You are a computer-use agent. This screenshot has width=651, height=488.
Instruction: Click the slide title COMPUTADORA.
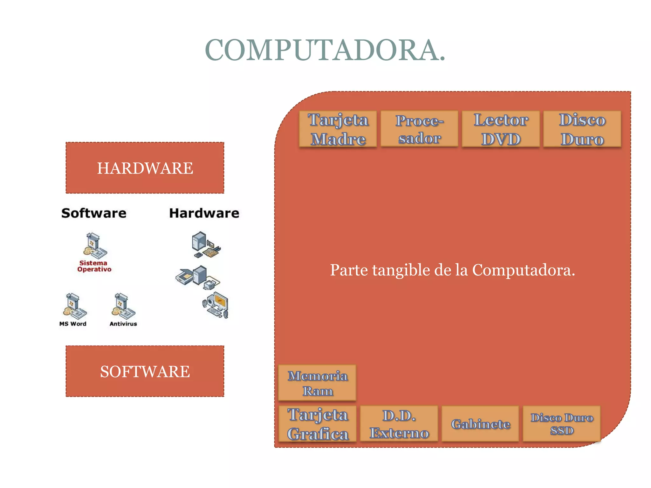325,50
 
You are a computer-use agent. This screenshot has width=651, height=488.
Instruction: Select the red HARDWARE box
145,168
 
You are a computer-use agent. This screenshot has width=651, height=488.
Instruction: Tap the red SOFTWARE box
145,371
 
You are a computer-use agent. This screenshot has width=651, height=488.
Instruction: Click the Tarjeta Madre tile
338,129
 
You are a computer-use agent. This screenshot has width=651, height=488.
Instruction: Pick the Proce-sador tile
419,129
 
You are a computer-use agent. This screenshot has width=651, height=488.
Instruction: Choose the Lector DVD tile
501,129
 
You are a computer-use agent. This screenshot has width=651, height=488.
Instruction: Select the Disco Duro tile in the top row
582,129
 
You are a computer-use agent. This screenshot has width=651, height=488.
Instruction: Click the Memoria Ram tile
317,383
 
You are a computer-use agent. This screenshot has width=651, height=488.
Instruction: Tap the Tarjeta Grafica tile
318,424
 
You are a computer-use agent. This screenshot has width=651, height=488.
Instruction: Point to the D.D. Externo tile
399,424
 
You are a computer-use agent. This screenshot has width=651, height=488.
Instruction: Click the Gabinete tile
480,424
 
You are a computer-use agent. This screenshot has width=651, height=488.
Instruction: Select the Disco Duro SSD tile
562,424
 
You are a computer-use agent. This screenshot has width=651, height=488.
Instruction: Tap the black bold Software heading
94,213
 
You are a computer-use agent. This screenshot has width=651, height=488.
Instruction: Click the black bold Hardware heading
204,213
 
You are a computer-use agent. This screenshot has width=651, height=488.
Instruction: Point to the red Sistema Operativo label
94,266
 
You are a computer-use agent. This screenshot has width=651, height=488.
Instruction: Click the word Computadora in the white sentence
523,270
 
